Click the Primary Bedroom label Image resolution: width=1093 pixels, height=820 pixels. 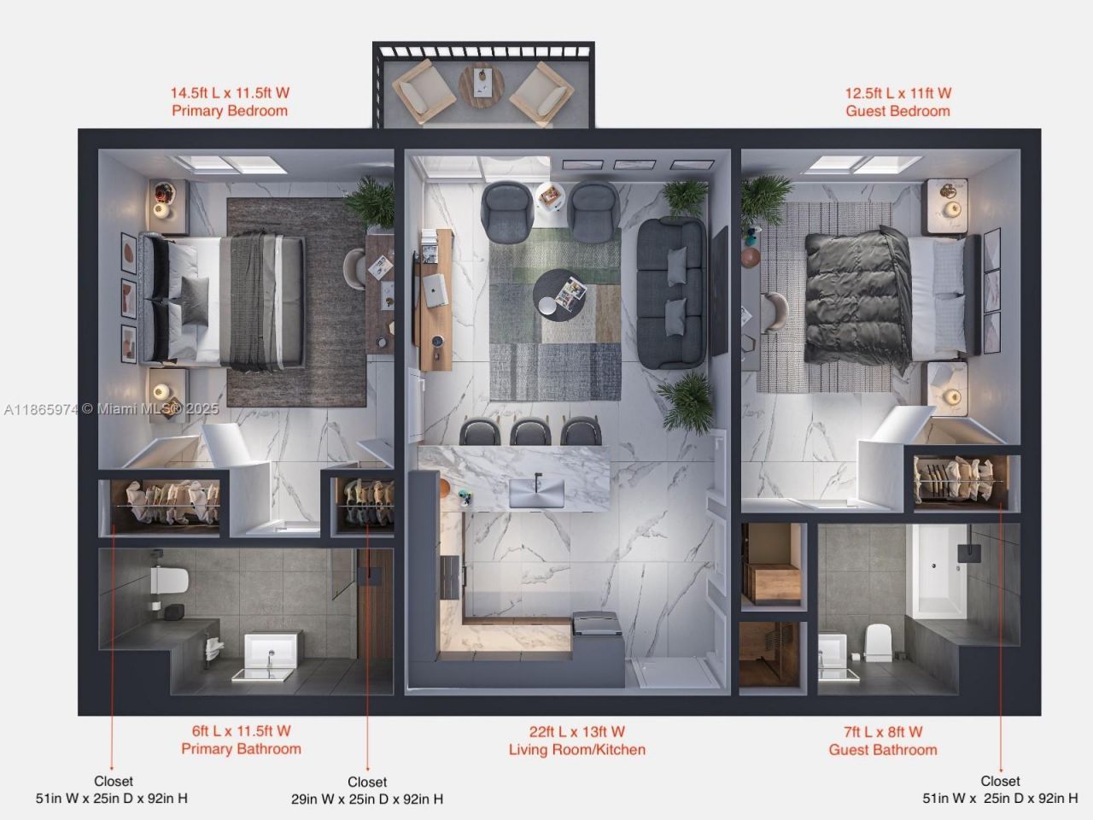[x=230, y=111]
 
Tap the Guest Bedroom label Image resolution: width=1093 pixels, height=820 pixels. [x=897, y=111]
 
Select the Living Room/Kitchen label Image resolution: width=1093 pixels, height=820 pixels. [x=577, y=750]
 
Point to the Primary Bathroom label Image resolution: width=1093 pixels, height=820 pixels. [x=241, y=749]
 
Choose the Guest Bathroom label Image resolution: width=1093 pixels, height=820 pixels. [x=883, y=750]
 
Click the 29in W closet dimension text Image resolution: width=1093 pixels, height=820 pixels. [x=367, y=799]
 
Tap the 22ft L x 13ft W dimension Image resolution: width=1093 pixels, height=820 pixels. [x=577, y=732]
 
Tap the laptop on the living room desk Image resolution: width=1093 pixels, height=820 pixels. [x=435, y=290]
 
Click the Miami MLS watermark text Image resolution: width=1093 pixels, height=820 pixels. [x=111, y=409]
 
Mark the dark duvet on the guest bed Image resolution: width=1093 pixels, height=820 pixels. [x=856, y=296]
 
